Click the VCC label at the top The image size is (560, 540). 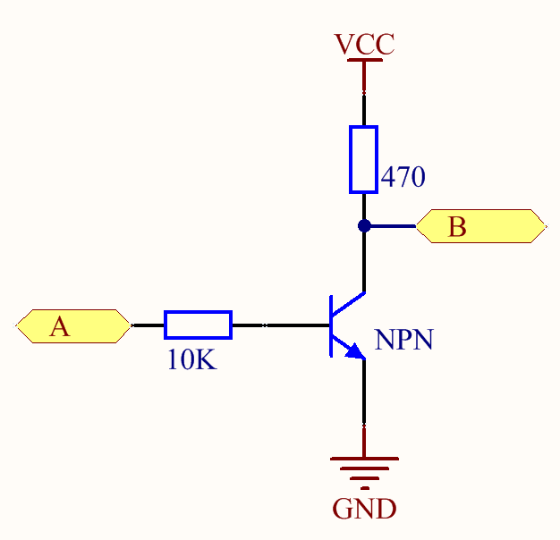pos(363,44)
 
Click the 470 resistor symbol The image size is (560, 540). pos(363,159)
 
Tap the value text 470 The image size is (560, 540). pos(403,178)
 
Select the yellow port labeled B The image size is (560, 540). pos(480,226)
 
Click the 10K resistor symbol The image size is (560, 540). pos(198,325)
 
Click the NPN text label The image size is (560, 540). pos(404,340)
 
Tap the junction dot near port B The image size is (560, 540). pos(364,226)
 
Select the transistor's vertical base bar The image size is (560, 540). pos(331,325)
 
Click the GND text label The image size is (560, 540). pos(364,510)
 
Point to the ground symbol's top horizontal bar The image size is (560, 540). pos(364,459)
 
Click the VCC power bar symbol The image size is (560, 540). pos(364,60)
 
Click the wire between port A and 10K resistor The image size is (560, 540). pos(148,325)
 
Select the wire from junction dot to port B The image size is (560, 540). pos(392,226)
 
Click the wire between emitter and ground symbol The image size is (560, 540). pos(364,402)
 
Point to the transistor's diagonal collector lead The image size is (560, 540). pos(349,302)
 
